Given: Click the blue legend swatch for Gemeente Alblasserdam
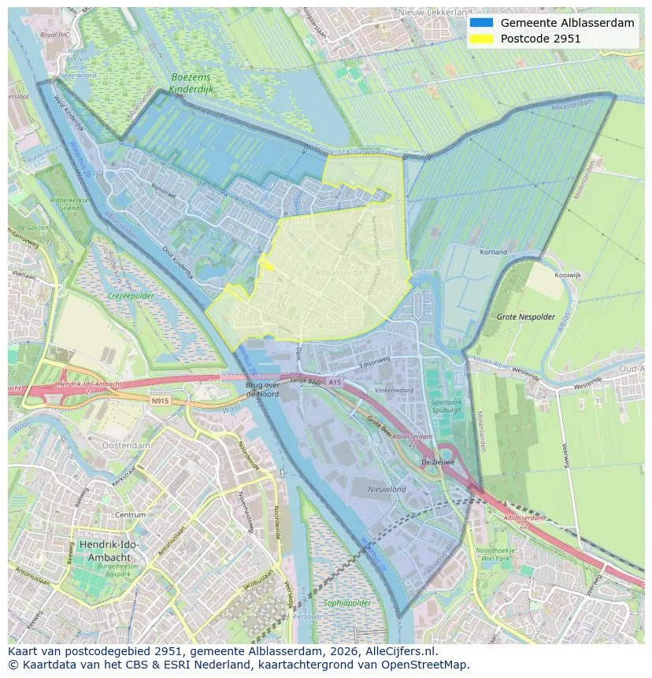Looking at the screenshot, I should pyautogui.click(x=481, y=23).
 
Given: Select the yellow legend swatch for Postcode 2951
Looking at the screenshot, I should pyautogui.click(x=481, y=39).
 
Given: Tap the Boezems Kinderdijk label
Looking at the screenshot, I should pyautogui.click(x=191, y=84).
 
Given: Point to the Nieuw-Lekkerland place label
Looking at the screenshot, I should pyautogui.click(x=435, y=13).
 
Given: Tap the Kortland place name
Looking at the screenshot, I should pyautogui.click(x=494, y=253).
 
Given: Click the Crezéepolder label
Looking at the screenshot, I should pyautogui.click(x=130, y=296).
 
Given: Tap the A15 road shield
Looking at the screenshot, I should pyautogui.click(x=335, y=382).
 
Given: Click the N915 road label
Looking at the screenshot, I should pyautogui.click(x=160, y=401).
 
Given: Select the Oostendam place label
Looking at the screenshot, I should pyautogui.click(x=125, y=445).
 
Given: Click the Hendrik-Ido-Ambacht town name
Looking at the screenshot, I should pyautogui.click(x=108, y=550).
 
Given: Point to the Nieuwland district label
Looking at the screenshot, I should pyautogui.click(x=387, y=489).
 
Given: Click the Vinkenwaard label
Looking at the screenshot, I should pyautogui.click(x=394, y=390).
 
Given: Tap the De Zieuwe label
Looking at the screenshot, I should pyautogui.click(x=438, y=462).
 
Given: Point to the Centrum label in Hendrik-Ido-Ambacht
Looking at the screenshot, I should pyautogui.click(x=131, y=515).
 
